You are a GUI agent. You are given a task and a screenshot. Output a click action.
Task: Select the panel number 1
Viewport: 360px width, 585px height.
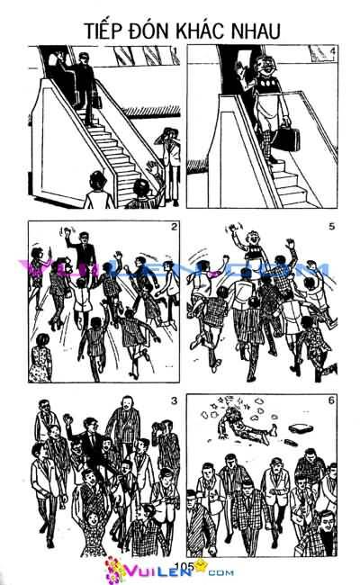[175, 48]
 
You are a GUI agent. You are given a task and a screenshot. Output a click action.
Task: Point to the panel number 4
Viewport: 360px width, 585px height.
[332, 51]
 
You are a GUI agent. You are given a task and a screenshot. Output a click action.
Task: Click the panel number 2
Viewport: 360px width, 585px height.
[174, 227]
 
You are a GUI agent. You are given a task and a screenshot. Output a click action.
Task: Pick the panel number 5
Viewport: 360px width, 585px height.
[332, 227]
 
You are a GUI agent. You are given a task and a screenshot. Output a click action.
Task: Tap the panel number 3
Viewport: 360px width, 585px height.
[174, 400]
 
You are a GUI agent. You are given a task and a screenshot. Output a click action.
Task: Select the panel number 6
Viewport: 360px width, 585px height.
[332, 400]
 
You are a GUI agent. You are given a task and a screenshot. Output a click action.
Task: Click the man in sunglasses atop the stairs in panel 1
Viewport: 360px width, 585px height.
[83, 76]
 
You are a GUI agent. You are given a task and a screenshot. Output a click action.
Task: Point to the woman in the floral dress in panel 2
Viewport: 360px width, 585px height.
[40, 360]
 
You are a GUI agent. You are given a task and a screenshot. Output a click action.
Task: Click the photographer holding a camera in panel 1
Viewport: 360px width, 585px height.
[166, 148]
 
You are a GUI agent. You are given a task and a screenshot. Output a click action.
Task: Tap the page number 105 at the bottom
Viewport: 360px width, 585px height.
[186, 566]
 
